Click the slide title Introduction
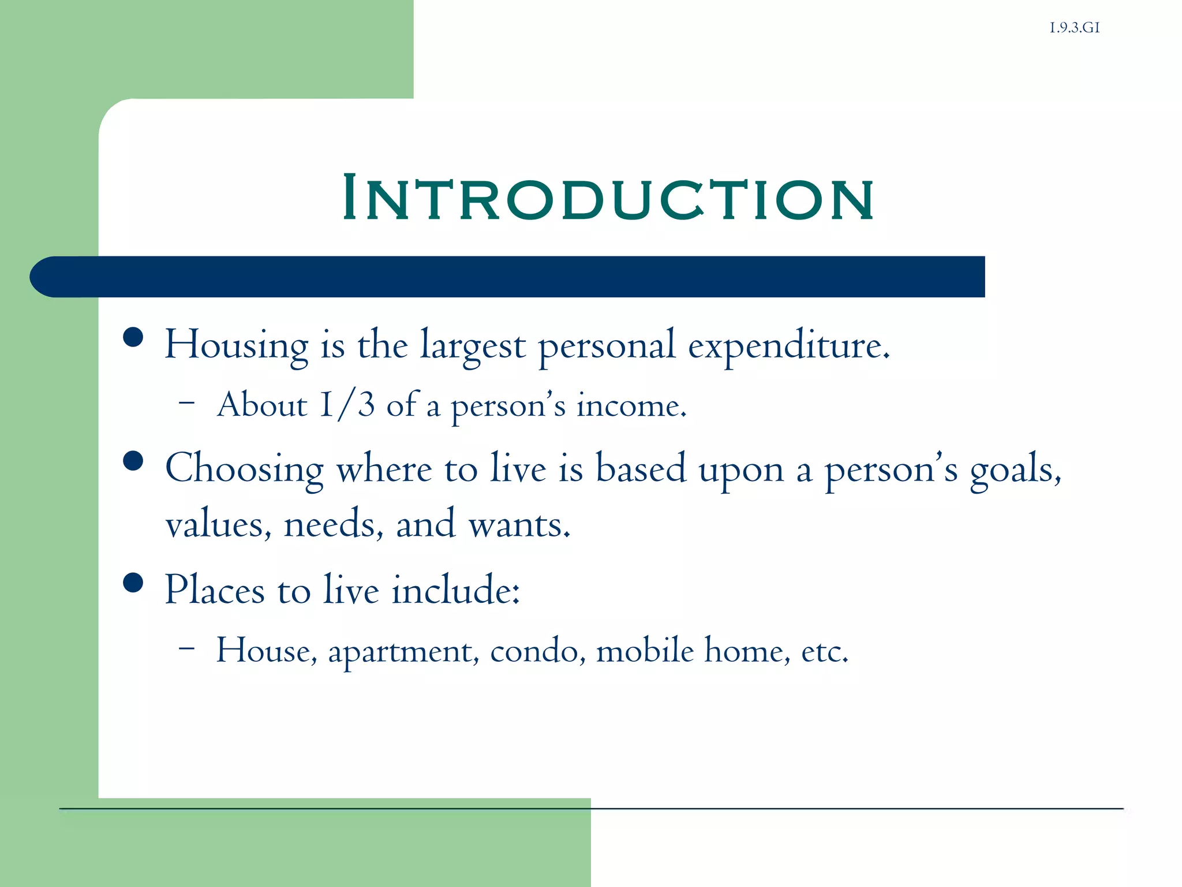click(608, 197)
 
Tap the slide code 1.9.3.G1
click(1074, 28)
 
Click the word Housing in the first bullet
click(236, 345)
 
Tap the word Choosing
click(244, 469)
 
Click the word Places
click(214, 590)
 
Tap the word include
click(455, 590)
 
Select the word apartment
click(403, 651)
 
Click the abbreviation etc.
click(824, 651)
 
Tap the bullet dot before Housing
click(133, 337)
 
